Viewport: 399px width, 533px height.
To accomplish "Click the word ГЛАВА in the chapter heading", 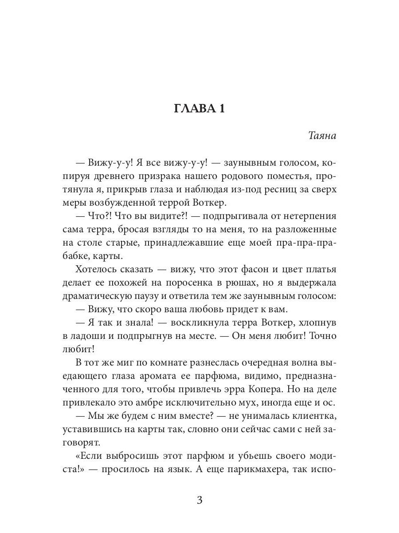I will coord(192,109).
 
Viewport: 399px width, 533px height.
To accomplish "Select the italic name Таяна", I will coord(322,136).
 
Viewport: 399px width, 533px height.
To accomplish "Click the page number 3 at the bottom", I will coord(199,501).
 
